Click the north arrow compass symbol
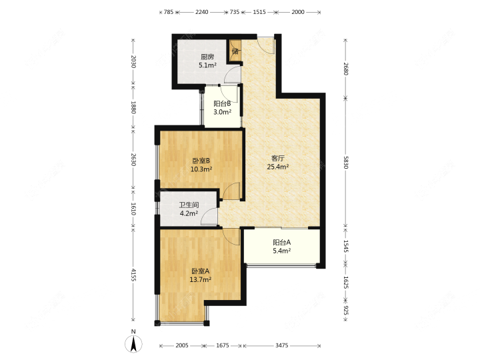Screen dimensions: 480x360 (x=133, y=343)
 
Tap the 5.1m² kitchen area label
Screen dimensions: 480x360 (x=208, y=65)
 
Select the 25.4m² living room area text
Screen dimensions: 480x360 (x=278, y=167)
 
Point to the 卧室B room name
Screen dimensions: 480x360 (x=201, y=161)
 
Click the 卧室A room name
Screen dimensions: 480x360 (x=201, y=271)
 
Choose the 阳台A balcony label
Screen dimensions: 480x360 (x=281, y=243)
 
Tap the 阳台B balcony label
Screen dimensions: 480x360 (x=222, y=104)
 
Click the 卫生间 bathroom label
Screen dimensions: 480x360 (x=189, y=205)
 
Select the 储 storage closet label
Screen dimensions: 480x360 (x=235, y=51)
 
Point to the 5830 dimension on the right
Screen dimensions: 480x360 (x=345, y=162)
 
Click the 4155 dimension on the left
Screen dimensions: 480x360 (x=133, y=275)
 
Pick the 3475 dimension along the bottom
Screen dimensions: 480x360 (x=281, y=345)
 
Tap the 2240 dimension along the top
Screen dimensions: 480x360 (x=202, y=12)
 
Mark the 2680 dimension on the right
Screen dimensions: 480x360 (x=345, y=69)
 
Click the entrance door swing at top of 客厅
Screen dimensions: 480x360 (x=266, y=46)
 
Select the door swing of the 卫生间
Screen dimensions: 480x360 (x=209, y=217)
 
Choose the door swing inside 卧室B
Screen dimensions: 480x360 (x=231, y=191)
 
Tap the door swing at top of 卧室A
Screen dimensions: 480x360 (x=231, y=237)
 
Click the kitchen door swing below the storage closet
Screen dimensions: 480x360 (x=233, y=75)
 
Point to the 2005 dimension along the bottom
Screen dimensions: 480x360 (x=182, y=345)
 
